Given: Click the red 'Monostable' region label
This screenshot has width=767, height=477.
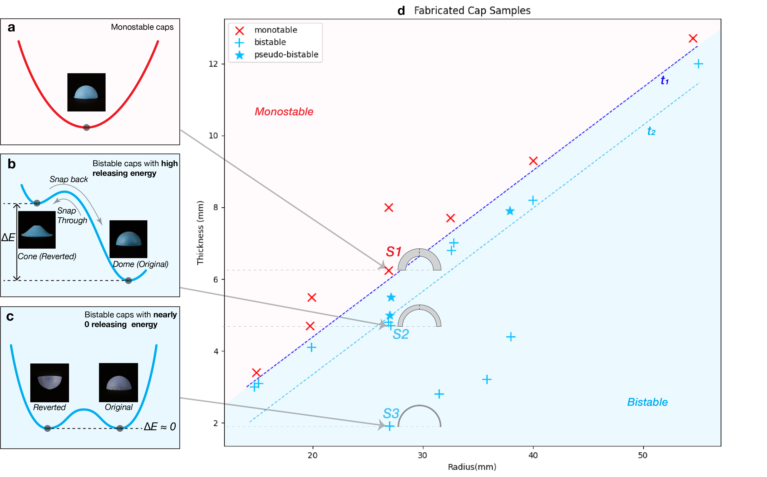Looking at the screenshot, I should click(x=284, y=112).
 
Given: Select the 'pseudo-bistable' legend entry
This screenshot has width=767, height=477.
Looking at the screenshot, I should click(x=286, y=55).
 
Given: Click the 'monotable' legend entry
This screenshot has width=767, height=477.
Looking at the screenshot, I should click(x=276, y=30).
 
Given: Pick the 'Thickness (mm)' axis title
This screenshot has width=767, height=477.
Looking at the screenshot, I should click(x=200, y=233).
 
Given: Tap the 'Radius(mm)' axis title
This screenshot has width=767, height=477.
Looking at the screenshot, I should click(x=472, y=467).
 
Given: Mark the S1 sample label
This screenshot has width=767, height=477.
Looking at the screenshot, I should click(x=394, y=252).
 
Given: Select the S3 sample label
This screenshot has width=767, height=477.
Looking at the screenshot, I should click(x=391, y=413).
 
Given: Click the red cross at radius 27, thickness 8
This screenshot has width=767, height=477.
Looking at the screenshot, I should click(x=389, y=208).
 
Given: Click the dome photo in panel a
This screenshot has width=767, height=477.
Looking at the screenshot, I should click(x=86, y=92).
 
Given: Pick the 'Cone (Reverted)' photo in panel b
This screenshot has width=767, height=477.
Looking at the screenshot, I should click(x=37, y=230).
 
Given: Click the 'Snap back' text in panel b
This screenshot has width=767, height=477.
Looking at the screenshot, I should click(x=69, y=179).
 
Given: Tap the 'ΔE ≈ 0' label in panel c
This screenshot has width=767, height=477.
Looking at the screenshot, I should click(x=160, y=427).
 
